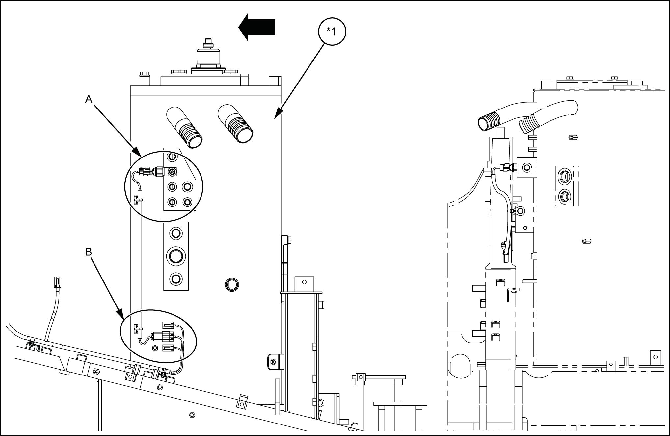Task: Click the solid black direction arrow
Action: click(257, 27)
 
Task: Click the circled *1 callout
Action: click(332, 31)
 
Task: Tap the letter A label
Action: click(88, 99)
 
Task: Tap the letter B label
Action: click(88, 252)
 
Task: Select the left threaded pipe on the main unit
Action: click(184, 127)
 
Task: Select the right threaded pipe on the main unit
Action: click(235, 124)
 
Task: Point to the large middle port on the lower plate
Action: click(175, 256)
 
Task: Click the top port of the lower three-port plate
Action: click(175, 233)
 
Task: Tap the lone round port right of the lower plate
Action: click(232, 284)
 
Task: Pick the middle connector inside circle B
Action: click(163, 336)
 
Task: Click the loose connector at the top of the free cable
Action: click(58, 282)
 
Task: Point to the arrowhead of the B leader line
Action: click(121, 315)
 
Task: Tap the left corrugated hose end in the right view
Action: click(487, 123)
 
